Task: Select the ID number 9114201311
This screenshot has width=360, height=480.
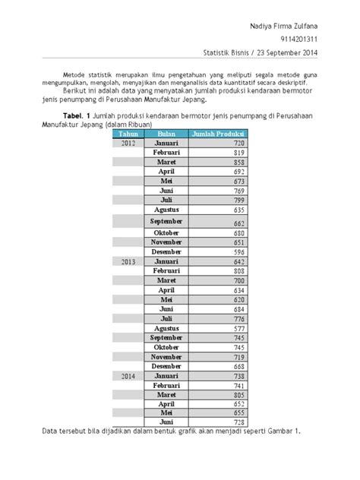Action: pyautogui.click(x=297, y=39)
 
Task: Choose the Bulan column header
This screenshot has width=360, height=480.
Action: pyautogui.click(x=166, y=133)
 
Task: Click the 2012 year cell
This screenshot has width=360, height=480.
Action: pyautogui.click(x=128, y=143)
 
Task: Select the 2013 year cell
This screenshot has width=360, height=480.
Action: pyautogui.click(x=128, y=261)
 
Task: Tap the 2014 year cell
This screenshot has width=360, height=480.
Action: pyautogui.click(x=128, y=376)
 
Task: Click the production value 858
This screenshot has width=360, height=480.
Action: pyautogui.click(x=238, y=163)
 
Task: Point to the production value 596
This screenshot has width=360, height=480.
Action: pyautogui.click(x=238, y=251)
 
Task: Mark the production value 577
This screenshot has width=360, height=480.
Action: pyautogui.click(x=238, y=329)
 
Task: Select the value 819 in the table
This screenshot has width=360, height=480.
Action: pyautogui.click(x=238, y=153)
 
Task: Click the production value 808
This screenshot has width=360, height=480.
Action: pyautogui.click(x=238, y=270)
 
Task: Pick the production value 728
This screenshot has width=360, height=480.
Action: pyautogui.click(x=238, y=422)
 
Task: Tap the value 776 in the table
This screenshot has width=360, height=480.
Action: pyautogui.click(x=238, y=319)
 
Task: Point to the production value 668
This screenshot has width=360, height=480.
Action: pyautogui.click(x=238, y=367)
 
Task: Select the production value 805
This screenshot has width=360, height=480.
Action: pyautogui.click(x=238, y=395)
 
